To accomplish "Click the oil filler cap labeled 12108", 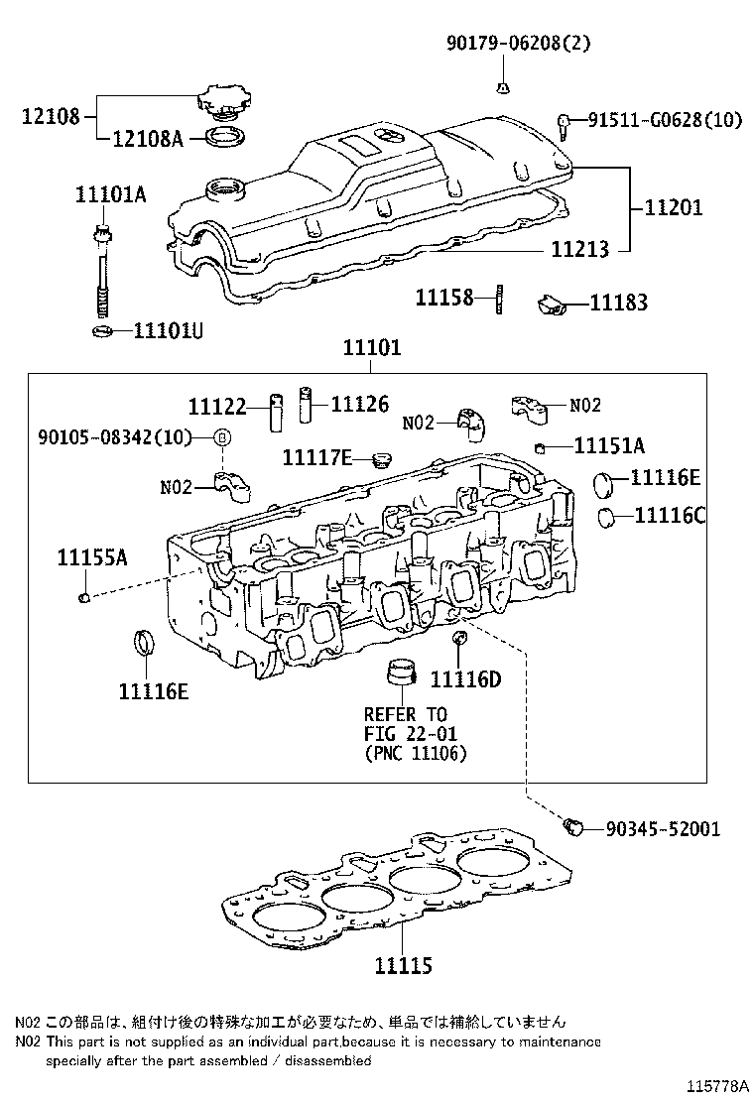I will [x=224, y=103].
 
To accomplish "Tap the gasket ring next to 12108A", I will [x=225, y=136].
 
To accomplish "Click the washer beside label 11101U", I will [x=100, y=329].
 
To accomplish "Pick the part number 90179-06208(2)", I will [x=504, y=44].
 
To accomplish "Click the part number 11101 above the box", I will [x=372, y=349].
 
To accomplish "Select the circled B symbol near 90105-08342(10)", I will [x=223, y=437].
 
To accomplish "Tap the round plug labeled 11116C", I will [x=606, y=516].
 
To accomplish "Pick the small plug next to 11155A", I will [x=85, y=596].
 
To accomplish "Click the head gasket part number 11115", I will [x=403, y=963].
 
